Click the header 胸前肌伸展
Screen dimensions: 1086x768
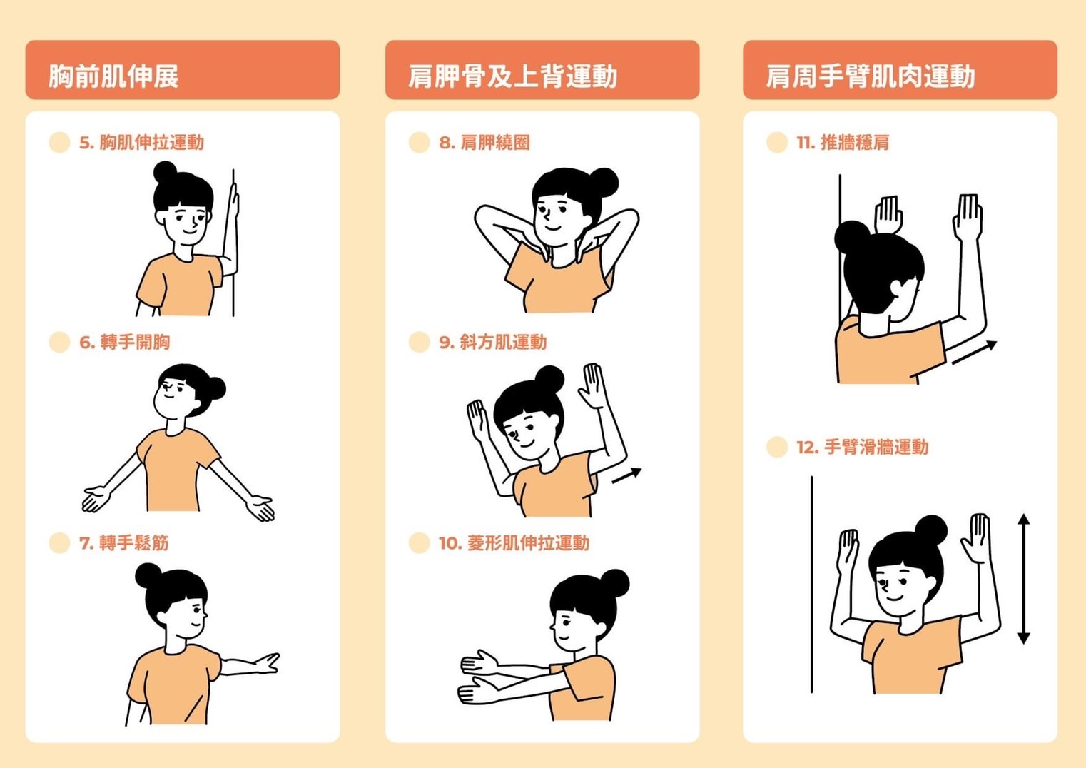click(x=113, y=76)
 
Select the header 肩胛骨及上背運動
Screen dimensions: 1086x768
click(x=512, y=76)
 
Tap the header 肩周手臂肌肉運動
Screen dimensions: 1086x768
click(x=871, y=76)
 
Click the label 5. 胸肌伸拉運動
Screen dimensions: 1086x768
click(x=141, y=143)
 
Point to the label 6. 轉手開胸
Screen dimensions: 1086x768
click(x=125, y=343)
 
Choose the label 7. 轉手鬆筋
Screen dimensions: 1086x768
click(x=124, y=542)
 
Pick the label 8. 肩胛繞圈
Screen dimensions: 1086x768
click(x=484, y=143)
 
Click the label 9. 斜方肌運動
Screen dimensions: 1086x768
click(x=492, y=343)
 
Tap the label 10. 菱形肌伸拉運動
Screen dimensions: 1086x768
click(x=514, y=542)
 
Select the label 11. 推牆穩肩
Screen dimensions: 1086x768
click(x=843, y=143)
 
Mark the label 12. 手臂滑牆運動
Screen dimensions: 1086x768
click(x=863, y=447)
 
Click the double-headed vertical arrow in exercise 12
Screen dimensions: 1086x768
click(x=1023, y=579)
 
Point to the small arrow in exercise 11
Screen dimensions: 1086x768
click(x=975, y=352)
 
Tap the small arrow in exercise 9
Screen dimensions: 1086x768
click(x=627, y=475)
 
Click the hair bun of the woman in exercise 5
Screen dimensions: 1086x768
click(x=166, y=172)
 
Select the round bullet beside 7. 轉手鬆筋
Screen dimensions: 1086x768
click(x=60, y=542)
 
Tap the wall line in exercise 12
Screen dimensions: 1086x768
click(x=811, y=585)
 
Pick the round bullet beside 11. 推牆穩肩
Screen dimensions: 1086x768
click(x=777, y=143)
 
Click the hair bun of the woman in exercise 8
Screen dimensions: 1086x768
click(x=604, y=182)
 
